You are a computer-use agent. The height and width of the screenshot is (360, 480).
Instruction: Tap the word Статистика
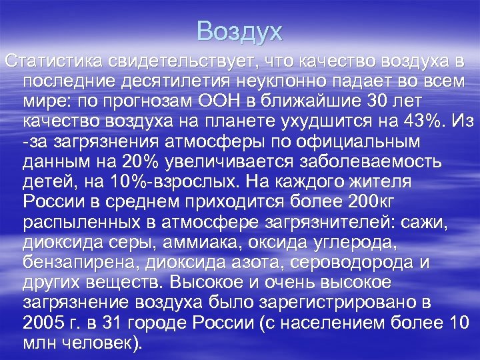pyautogui.click(x=51, y=61)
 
